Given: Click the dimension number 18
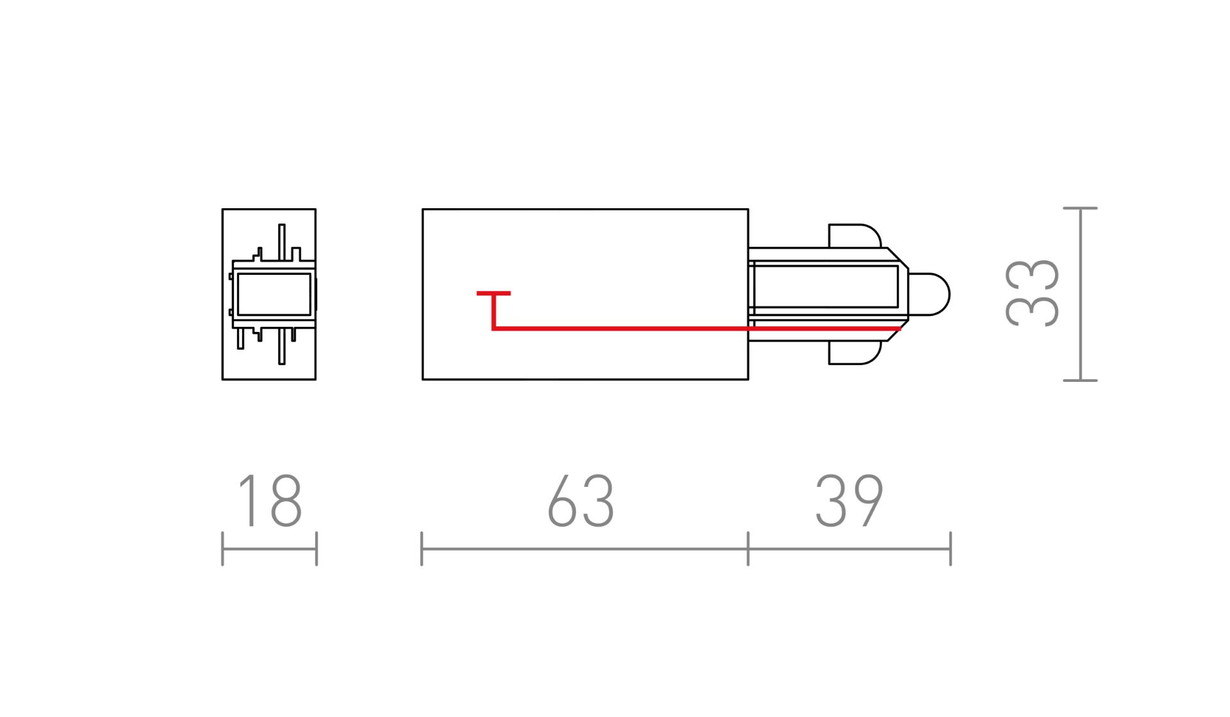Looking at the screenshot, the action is click(269, 501).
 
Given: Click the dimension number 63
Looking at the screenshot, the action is click(581, 501).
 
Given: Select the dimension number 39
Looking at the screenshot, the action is click(849, 501).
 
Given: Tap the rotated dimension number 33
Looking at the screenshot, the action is click(1032, 293).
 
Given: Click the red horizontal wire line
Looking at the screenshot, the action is click(696, 329).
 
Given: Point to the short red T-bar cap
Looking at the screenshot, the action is click(493, 293).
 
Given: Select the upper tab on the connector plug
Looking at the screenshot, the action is click(855, 236).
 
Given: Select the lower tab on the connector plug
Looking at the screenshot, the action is click(855, 352).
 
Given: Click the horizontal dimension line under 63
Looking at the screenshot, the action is click(584, 549).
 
